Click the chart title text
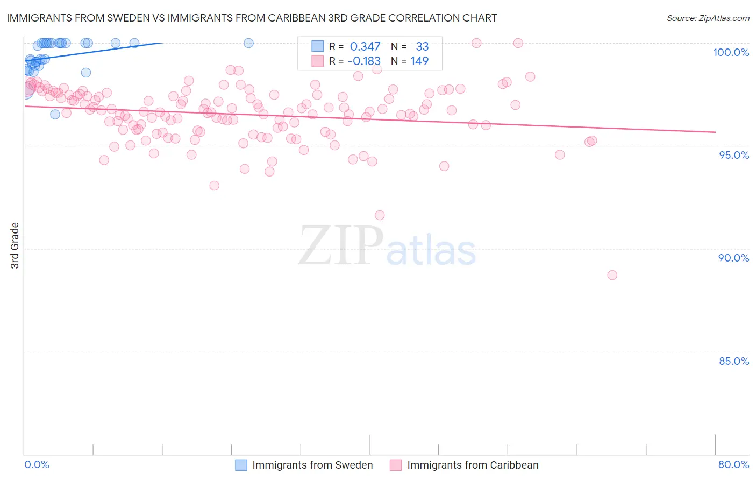(252, 18)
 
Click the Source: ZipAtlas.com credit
(708, 18)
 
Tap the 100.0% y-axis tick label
(731, 52)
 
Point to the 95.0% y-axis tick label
(734, 155)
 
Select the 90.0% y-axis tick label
(733, 258)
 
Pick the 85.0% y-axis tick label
(734, 361)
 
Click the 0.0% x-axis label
(37, 464)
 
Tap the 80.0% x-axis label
(733, 464)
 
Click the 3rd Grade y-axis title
(15, 245)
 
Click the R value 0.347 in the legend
(365, 47)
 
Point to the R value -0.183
(364, 61)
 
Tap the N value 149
(419, 61)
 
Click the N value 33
(422, 47)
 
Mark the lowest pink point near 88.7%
(612, 275)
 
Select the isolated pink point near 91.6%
(380, 215)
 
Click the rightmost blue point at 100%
(248, 43)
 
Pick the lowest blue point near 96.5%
(55, 114)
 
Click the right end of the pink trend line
(715, 132)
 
